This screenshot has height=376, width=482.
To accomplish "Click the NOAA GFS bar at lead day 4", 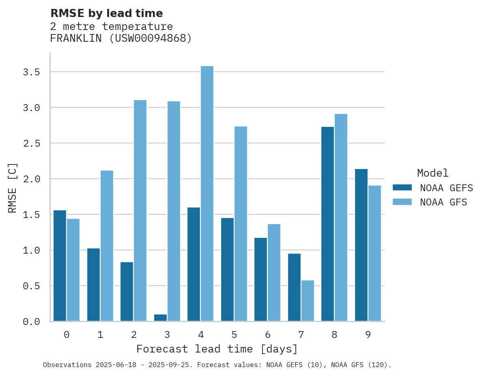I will pos(207,194).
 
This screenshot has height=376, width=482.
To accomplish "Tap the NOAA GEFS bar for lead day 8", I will pos(327,224).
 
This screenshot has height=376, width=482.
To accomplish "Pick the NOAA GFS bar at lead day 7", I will pos(308,301).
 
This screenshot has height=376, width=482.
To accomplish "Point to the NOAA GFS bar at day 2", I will pos(140,211).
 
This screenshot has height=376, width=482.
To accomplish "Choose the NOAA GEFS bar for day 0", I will pos(60,266).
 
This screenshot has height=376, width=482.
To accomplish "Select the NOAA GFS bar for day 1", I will pos(107,246).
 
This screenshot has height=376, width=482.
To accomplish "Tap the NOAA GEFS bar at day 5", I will pos(227,269).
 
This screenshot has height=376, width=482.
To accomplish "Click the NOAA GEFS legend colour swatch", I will pos(402,188).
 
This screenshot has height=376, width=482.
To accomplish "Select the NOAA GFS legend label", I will pos(443,202).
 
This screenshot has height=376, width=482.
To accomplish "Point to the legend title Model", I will pos(433,173).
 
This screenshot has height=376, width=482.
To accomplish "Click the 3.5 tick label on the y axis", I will pos(31,72).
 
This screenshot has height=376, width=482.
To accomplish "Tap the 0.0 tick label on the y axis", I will pos(31,322).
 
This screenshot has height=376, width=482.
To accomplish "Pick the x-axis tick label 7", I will pos(301,335).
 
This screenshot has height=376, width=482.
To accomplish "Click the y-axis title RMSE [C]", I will pos(13,188).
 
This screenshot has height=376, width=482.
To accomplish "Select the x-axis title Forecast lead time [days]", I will pos(217,349).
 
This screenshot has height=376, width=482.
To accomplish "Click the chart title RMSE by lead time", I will pos(106,13).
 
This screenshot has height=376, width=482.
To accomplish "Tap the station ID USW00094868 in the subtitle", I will pos(150,38).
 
